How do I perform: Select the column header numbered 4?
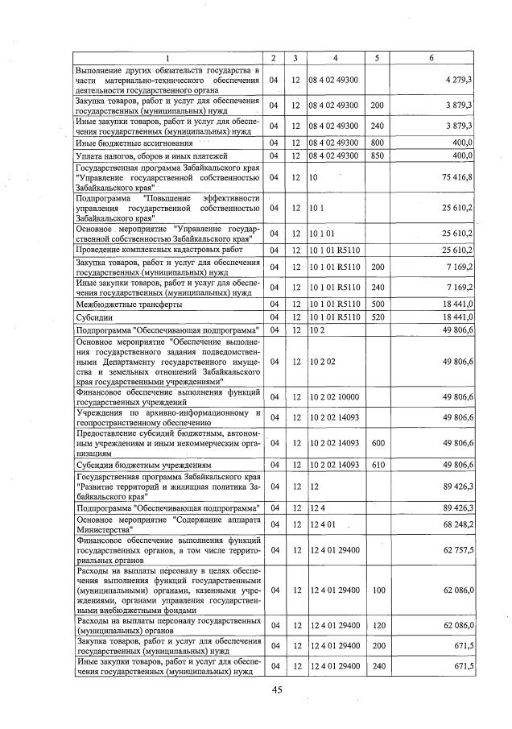click(335, 58)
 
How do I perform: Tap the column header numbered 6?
click(431, 58)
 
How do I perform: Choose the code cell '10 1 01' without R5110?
click(322, 234)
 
